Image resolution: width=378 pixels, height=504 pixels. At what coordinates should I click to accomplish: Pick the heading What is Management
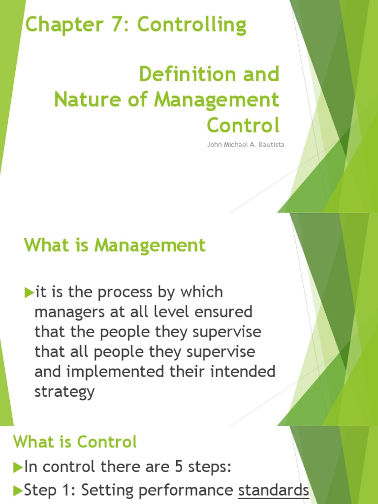click(115, 245)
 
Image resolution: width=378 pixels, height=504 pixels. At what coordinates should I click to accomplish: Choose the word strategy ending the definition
click(64, 392)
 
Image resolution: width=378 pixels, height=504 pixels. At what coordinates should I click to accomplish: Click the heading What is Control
click(75, 442)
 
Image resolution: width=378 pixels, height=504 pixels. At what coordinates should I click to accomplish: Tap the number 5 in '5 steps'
click(171, 467)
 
